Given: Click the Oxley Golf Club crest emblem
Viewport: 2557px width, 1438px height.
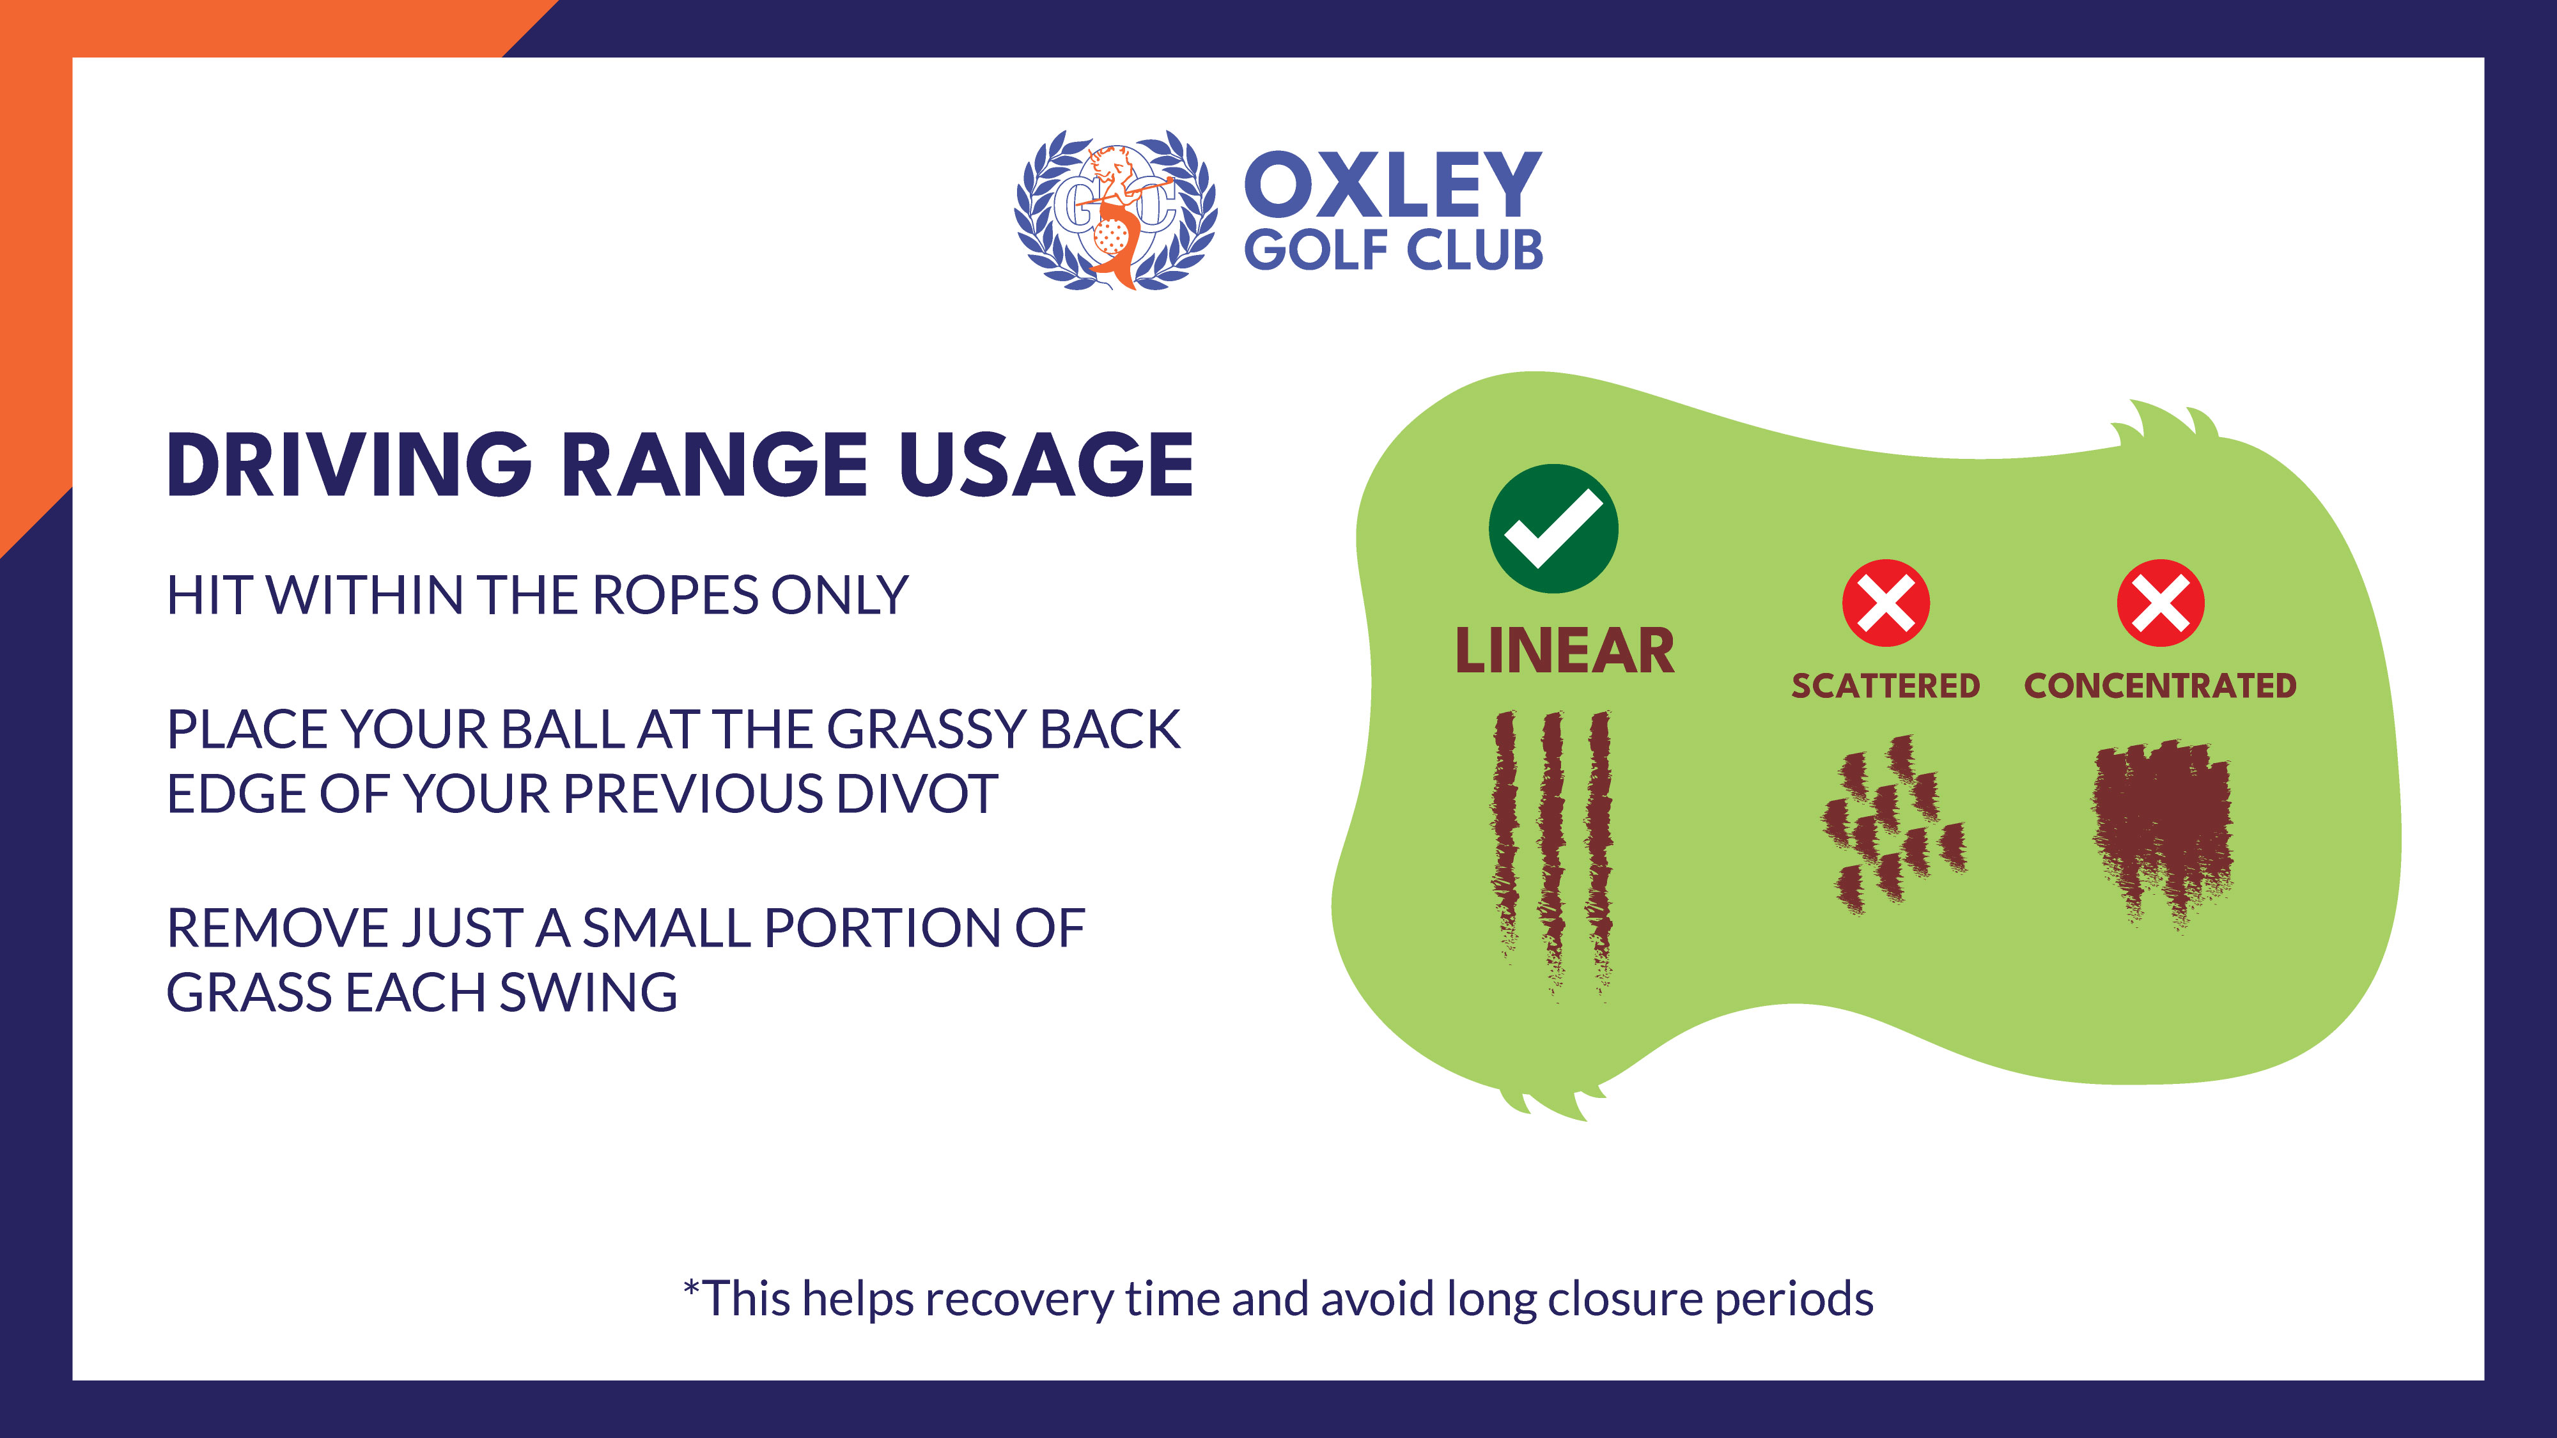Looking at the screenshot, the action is pos(1115,210).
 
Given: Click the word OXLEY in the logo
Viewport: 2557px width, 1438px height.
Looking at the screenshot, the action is pos(1393,185).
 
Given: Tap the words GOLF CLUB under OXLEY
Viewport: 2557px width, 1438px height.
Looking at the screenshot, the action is pos(1394,250).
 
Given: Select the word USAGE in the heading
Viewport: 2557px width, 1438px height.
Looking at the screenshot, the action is pos(1046,465).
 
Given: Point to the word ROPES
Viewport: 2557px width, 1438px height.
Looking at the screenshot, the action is pos(675,596).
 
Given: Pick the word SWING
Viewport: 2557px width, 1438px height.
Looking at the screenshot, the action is pos(587,993).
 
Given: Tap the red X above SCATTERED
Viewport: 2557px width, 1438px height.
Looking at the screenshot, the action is pos(1886,603).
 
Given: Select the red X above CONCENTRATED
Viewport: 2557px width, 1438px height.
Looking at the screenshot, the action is pos(2161,603).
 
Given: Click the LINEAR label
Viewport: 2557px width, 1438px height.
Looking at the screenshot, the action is pos(1564,651).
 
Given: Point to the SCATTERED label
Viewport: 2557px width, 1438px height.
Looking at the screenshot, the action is pos(1886,686).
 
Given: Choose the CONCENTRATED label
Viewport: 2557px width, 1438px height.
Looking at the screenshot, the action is pos(2161,686).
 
